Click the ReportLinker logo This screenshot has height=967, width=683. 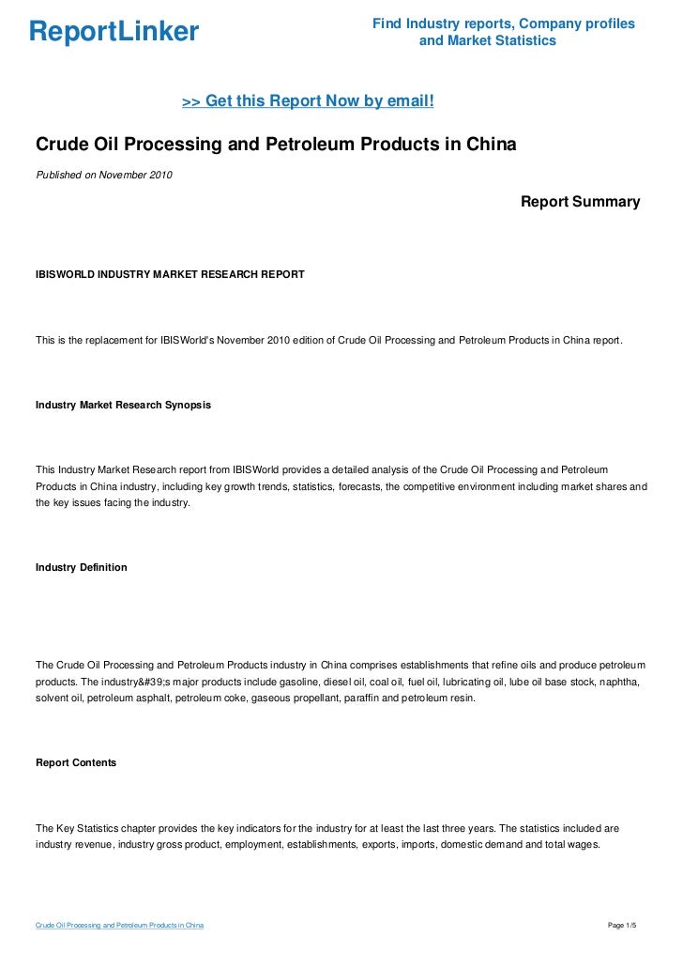pyautogui.click(x=114, y=32)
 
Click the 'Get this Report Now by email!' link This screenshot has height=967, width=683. pyautogui.click(x=307, y=100)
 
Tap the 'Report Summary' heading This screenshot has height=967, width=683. pyautogui.click(x=580, y=202)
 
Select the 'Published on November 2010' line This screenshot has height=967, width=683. pyautogui.click(x=104, y=175)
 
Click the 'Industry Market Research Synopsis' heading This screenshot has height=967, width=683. pyautogui.click(x=123, y=405)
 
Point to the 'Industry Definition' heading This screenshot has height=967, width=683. pyautogui.click(x=81, y=568)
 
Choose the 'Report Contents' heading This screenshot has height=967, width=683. pyautogui.click(x=76, y=763)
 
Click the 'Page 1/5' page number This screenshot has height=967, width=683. pyautogui.click(x=622, y=926)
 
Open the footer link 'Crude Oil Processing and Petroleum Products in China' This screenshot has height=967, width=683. pyautogui.click(x=119, y=926)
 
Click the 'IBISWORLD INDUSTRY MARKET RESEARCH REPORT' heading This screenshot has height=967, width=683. pyautogui.click(x=170, y=274)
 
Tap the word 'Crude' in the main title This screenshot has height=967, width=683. pyautogui.click(x=63, y=146)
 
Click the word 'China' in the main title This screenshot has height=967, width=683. pyautogui.click(x=488, y=146)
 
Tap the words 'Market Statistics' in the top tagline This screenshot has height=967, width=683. pyautogui.click(x=487, y=41)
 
